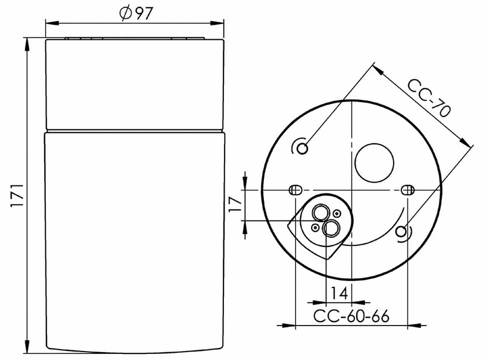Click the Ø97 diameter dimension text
pyautogui.click(x=135, y=14)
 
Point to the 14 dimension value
pyautogui.click(x=339, y=294)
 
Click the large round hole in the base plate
pyautogui.click(x=374, y=162)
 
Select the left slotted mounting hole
pyautogui.click(x=295, y=190)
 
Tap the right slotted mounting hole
pyautogui.click(x=408, y=190)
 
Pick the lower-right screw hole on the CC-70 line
pyautogui.click(x=401, y=231)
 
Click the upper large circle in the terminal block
pyautogui.click(x=320, y=212)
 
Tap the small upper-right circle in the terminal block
pyautogui.click(x=337, y=214)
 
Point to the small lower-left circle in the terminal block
pyautogui.click(x=315, y=227)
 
